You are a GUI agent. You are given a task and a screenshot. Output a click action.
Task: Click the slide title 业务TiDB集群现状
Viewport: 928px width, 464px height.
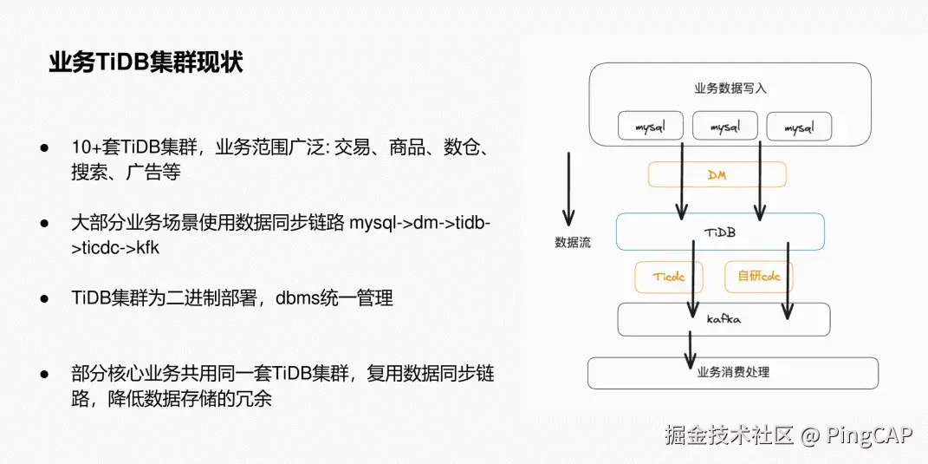[146, 63]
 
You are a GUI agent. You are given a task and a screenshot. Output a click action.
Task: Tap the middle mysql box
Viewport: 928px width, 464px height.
[724, 127]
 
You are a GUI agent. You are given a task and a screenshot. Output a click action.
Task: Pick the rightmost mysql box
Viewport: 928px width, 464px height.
[798, 127]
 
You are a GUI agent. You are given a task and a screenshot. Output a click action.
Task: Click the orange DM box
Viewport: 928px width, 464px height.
[717, 174]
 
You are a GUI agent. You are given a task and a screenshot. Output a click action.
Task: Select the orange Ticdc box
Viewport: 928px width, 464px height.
[669, 277]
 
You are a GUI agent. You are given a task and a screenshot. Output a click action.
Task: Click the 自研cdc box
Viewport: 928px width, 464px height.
[757, 277]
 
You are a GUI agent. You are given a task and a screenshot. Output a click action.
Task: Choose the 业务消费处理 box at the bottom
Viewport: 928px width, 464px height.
[732, 373]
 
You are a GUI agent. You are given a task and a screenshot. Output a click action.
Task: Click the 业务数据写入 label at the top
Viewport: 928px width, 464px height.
[730, 88]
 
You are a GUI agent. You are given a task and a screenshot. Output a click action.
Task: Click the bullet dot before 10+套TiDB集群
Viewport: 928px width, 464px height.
[43, 147]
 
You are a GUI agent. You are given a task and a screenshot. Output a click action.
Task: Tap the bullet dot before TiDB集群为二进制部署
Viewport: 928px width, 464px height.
[43, 298]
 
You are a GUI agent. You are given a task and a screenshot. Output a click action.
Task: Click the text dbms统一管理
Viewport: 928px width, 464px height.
[334, 298]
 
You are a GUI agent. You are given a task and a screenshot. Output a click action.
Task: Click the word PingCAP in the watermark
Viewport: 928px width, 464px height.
[868, 435]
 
